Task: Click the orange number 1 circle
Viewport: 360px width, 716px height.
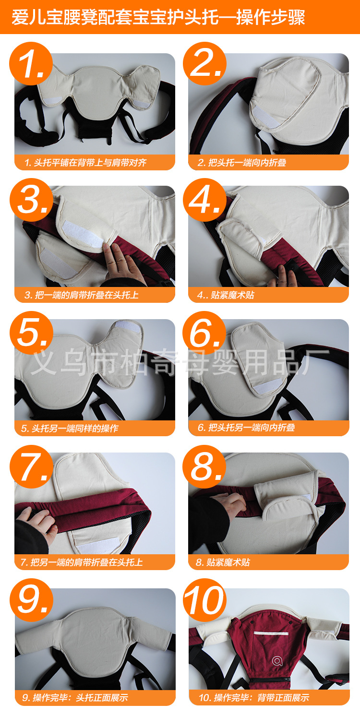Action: (x=31, y=64)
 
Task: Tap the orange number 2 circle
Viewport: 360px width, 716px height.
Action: (x=204, y=64)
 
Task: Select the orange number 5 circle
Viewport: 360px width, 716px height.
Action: (x=31, y=333)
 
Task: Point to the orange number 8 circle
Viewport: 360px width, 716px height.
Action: (x=204, y=466)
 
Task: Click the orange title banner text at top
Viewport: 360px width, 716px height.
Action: (x=158, y=17)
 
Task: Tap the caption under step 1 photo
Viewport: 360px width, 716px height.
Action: (x=85, y=163)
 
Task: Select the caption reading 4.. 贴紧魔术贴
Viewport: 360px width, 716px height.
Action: (x=226, y=295)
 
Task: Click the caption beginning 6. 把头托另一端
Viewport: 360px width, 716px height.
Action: (x=246, y=428)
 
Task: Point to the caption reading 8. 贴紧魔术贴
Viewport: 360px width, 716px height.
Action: (x=223, y=562)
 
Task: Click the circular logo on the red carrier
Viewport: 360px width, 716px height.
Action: (x=277, y=660)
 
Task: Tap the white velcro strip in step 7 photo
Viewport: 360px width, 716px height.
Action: (x=98, y=545)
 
